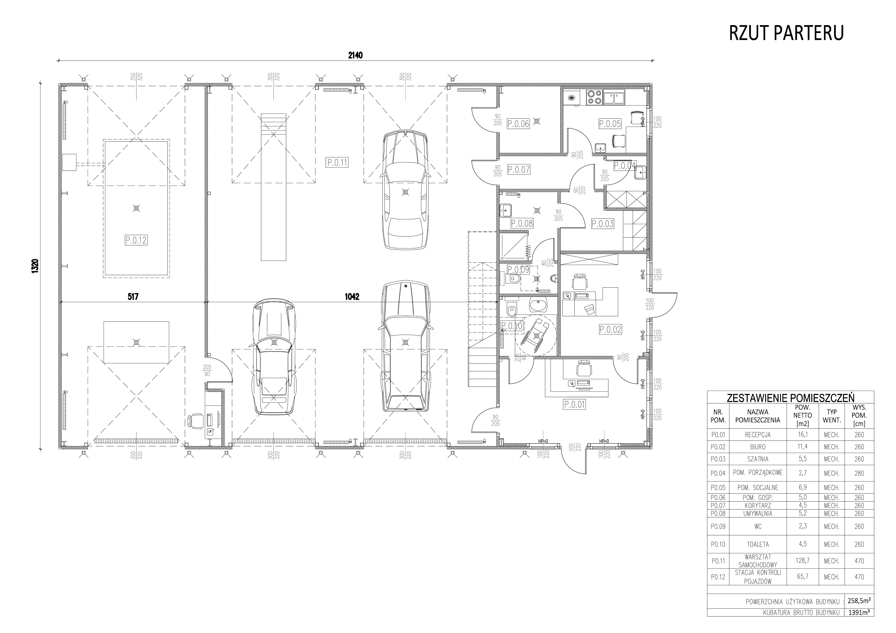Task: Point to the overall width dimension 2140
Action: pyautogui.click(x=355, y=55)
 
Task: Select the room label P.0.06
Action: pyautogui.click(x=518, y=124)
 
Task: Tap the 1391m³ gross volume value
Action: pyautogui.click(x=859, y=612)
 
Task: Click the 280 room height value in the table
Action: pyautogui.click(x=859, y=473)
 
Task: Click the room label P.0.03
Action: pyautogui.click(x=603, y=224)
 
